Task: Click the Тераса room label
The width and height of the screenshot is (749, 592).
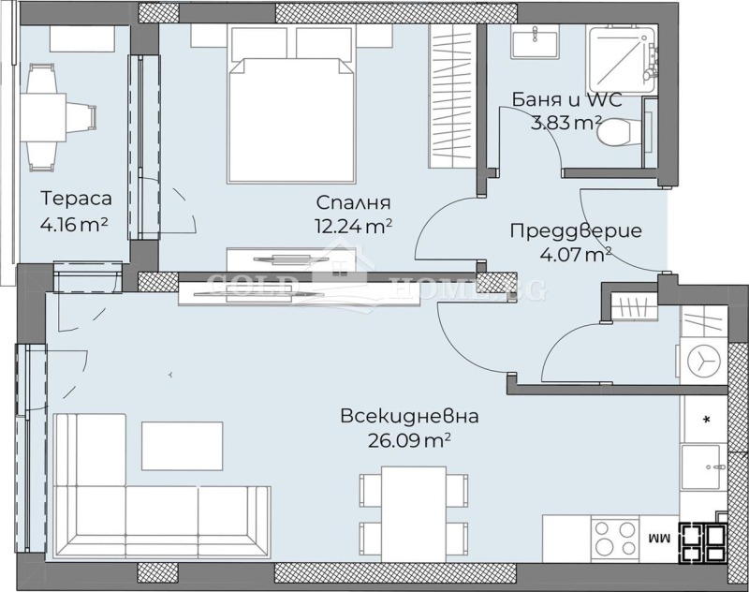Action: pos(77,199)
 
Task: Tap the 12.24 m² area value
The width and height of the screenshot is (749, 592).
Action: pos(353,225)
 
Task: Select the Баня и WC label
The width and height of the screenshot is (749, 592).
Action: pos(566,99)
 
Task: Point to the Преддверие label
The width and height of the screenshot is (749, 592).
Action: pos(575,230)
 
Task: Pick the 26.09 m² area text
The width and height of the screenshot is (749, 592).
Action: pos(410,438)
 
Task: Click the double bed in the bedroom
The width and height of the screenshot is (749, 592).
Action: pos(291,112)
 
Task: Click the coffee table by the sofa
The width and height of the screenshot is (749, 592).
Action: pos(183,446)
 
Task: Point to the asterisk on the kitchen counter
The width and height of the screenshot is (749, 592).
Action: pos(705,418)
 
